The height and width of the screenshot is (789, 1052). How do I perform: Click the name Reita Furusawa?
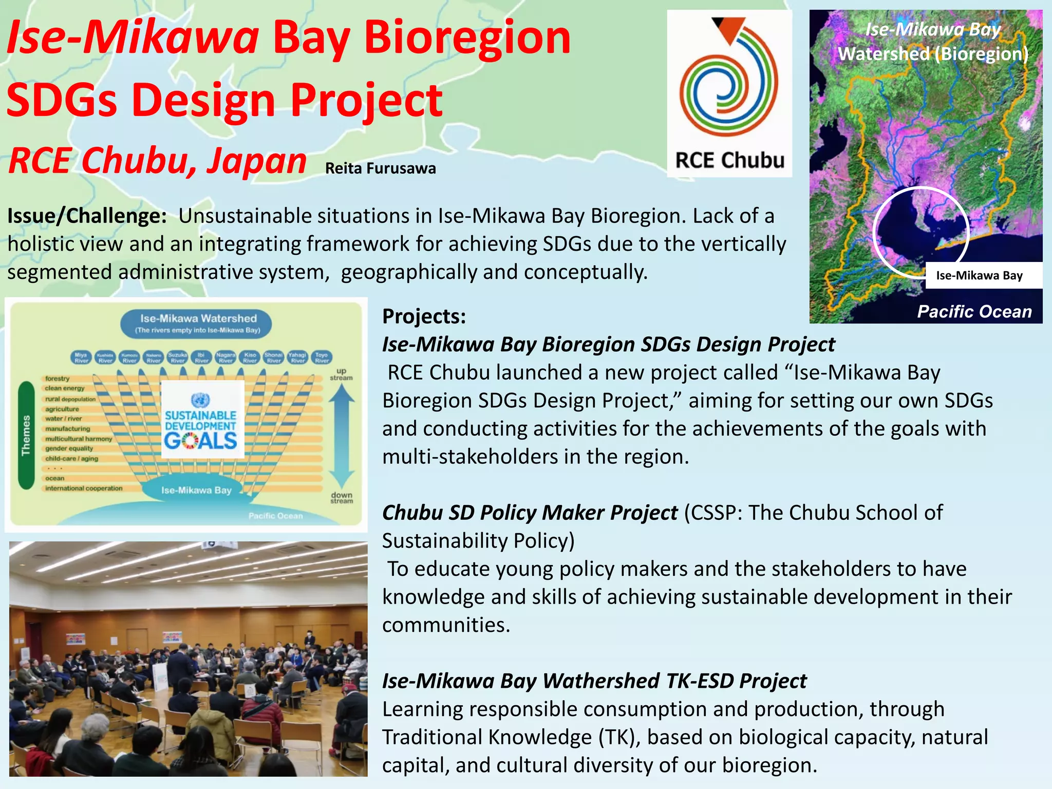click(380, 168)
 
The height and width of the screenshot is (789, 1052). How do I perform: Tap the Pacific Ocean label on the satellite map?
click(974, 311)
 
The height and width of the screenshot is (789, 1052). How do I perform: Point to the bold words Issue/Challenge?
click(87, 216)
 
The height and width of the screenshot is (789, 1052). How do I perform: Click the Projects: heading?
click(424, 316)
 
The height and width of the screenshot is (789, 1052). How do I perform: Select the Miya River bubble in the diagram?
click(81, 357)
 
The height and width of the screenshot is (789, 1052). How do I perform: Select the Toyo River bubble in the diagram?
click(322, 357)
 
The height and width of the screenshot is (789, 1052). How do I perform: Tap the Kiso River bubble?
click(250, 357)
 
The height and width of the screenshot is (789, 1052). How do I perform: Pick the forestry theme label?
click(57, 378)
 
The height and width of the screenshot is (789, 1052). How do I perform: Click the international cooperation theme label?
click(84, 488)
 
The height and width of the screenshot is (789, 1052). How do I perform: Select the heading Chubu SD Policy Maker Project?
click(530, 513)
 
